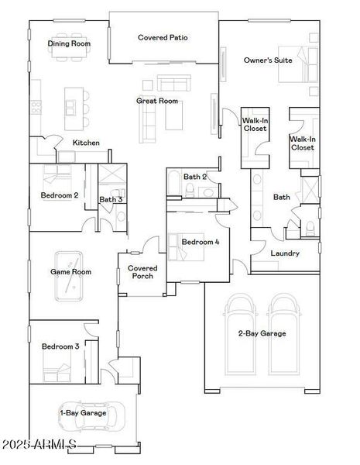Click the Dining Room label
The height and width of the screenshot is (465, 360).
pos(70,44)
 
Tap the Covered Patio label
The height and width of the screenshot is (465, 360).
pos(163,37)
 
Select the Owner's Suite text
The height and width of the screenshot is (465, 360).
pos(268,60)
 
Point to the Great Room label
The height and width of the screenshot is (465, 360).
pos(158,101)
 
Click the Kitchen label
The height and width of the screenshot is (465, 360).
pos(86,143)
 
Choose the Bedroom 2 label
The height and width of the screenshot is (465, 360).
pos(60,195)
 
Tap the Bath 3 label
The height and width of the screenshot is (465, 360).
pos(111,200)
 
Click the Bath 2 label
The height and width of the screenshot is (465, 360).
pos(195,177)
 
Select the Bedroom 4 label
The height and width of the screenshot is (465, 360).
pos(201,242)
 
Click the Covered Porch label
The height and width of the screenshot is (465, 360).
pos(142,272)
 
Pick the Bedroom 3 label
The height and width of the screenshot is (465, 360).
pos(60,346)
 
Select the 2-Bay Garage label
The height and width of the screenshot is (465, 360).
pos(262,334)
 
